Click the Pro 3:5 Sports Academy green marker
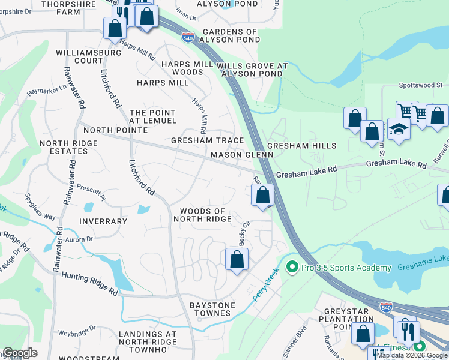pos(292,266)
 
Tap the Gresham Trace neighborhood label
pos(208,140)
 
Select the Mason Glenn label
pos(242,155)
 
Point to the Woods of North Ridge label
pos(202,215)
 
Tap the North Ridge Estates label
pos(64,147)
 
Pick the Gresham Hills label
pos(301,146)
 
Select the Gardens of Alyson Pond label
pos(231,35)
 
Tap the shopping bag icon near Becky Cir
pos(237,260)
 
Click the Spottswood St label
pos(420,86)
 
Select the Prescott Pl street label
pos(92,196)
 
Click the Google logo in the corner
pos(20,353)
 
